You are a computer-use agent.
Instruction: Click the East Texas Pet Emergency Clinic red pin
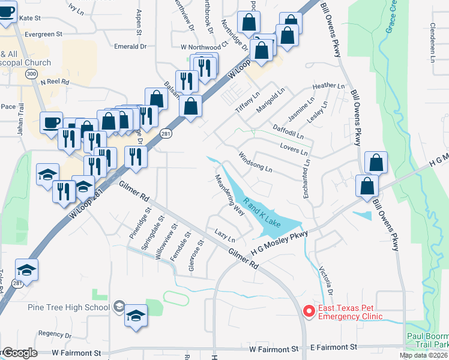tap(309, 311)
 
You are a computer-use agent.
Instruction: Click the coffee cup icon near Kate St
tap(7, 13)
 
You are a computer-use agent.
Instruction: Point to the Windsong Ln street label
tap(256, 163)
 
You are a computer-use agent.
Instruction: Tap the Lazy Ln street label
tap(224, 235)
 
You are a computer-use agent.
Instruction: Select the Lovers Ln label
tap(294, 148)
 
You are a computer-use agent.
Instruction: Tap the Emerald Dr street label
tap(130, 46)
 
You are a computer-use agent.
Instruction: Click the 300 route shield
tap(31, 73)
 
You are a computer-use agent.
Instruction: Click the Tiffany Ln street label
tap(247, 103)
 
